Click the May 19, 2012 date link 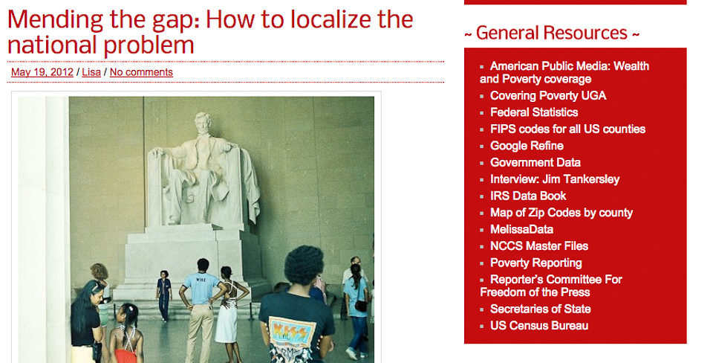pyautogui.click(x=42, y=72)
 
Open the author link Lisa pyautogui.click(x=91, y=72)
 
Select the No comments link pyautogui.click(x=141, y=72)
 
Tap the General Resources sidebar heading pyautogui.click(x=552, y=33)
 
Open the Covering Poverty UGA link pyautogui.click(x=548, y=96)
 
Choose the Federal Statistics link pyautogui.click(x=534, y=112)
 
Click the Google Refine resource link pyautogui.click(x=527, y=146)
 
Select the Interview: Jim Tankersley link pyautogui.click(x=555, y=179)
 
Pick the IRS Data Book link pyautogui.click(x=528, y=196)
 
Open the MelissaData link pyautogui.click(x=521, y=229)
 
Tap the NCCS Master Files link pyautogui.click(x=539, y=246)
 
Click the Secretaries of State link pyautogui.click(x=540, y=309)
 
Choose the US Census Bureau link pyautogui.click(x=539, y=326)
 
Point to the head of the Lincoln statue pyautogui.click(x=203, y=123)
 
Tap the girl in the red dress pyautogui.click(x=125, y=335)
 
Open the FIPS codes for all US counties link pyautogui.click(x=567, y=129)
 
